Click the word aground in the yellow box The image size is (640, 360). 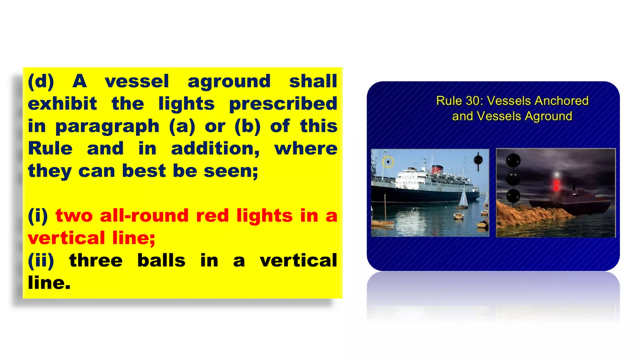229,82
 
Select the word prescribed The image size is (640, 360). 283,104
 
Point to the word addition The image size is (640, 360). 215,149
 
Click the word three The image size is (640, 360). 96,261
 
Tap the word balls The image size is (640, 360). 162,261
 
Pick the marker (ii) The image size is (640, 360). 41,261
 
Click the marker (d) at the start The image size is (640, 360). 41,82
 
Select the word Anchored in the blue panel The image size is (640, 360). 561,101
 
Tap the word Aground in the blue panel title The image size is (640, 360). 548,116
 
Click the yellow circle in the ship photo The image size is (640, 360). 388,162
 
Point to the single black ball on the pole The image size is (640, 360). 478,160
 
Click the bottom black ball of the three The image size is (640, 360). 513,196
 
